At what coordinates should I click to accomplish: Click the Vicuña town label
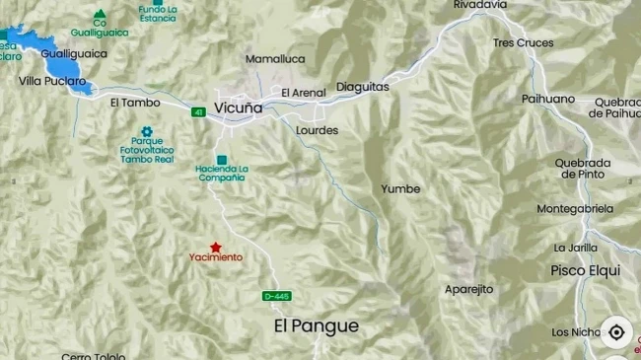point(239,108)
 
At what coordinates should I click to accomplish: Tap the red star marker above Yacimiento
point(215,247)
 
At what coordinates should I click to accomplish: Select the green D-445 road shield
point(277,296)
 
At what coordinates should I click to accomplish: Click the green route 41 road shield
point(198,113)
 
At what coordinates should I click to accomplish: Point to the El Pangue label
point(316,325)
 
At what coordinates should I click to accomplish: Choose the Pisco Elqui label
point(585,270)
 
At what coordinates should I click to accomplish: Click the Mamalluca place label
point(275,59)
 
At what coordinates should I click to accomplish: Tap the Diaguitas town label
point(362,87)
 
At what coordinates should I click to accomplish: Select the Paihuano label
point(548,99)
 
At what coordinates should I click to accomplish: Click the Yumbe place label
point(400,188)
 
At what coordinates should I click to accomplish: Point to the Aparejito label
point(468,289)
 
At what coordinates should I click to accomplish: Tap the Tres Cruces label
point(523,42)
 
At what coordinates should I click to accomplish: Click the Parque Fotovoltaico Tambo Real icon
point(146,131)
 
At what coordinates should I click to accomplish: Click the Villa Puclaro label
point(52,81)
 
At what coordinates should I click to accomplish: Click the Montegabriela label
point(575,208)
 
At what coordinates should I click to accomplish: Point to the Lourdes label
point(317,130)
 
